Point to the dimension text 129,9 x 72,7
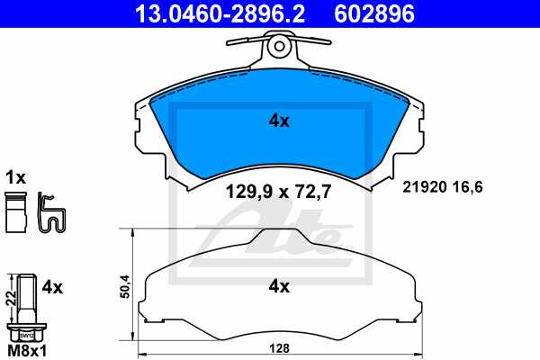coord(279,191)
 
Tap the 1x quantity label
coord(16,176)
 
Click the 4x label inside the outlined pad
coord(279,287)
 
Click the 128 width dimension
coord(281,348)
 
